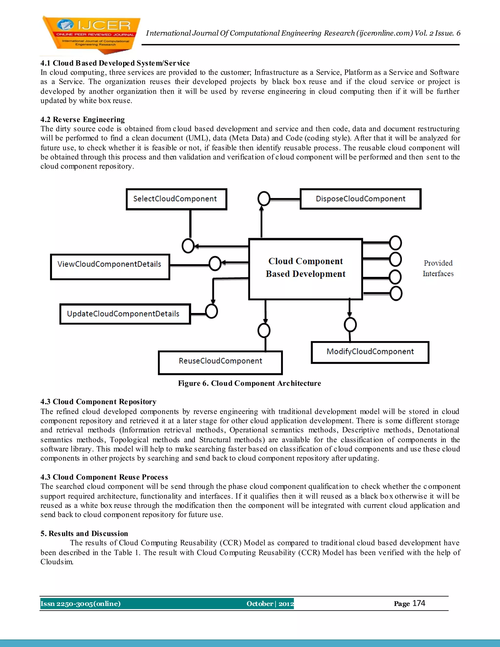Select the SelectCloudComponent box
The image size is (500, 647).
[x=176, y=199]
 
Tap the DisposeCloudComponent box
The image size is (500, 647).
[x=361, y=199]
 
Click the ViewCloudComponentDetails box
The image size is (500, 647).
[x=110, y=267]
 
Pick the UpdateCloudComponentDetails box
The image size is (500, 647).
[x=125, y=314]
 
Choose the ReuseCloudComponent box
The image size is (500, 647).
[x=220, y=363]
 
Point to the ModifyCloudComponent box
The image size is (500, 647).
[x=370, y=352]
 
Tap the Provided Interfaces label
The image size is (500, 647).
[x=438, y=268]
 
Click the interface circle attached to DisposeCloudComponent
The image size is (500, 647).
[x=264, y=198]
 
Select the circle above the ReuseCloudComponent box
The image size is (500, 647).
[x=264, y=330]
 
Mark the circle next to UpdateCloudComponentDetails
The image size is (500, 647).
[x=211, y=311]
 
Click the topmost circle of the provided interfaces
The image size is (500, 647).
[x=396, y=243]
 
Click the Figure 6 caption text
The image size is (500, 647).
[x=250, y=383]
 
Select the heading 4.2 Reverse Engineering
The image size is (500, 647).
[x=83, y=119]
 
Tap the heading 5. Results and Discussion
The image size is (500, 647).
[x=84, y=533]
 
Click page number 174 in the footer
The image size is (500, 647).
[x=418, y=603]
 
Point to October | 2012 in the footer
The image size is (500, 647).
[x=270, y=604]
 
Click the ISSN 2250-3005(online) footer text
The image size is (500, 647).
[x=81, y=604]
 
